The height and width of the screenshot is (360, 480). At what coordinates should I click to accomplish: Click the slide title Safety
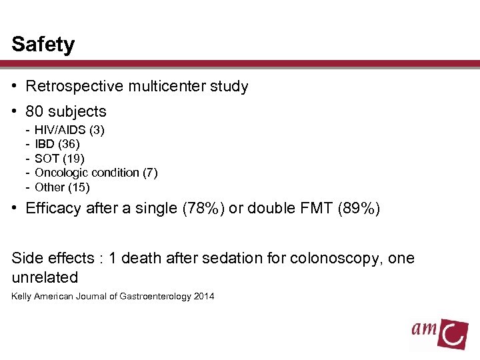(43, 45)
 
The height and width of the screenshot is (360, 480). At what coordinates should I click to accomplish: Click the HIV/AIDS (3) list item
(69, 130)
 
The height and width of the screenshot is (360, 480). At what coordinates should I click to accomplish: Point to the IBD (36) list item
(57, 144)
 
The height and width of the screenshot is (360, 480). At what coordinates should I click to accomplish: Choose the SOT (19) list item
(59, 159)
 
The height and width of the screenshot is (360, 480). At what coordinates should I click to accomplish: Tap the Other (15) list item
(62, 187)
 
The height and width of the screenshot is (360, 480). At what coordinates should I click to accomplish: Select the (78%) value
(189, 209)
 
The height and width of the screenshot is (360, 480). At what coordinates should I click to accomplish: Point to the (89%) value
(359, 209)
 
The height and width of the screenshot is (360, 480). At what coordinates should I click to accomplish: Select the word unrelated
(45, 277)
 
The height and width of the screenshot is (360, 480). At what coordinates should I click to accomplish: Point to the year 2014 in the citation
(204, 296)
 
